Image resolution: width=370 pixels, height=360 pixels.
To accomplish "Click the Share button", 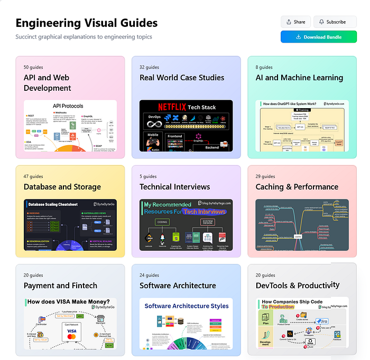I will tap(295, 22).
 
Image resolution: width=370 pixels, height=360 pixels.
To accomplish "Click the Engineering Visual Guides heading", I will tap(86, 23).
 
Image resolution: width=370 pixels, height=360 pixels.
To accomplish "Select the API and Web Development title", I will tap(48, 82).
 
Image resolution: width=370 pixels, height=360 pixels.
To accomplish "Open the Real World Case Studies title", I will tap(182, 78).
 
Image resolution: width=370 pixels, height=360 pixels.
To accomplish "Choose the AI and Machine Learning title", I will tap(299, 78).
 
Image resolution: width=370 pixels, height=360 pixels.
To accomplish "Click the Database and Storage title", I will tap(62, 186).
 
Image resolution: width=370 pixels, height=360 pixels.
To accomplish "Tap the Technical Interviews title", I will tap(174, 186).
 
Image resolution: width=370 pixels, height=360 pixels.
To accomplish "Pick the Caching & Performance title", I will tap(297, 186).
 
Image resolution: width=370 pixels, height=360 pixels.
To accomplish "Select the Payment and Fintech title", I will tap(60, 286).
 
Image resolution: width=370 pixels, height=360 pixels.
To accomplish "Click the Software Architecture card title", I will tap(178, 286).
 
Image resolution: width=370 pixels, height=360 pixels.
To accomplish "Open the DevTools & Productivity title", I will tap(298, 286).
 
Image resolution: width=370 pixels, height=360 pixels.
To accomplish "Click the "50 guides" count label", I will tap(33, 68).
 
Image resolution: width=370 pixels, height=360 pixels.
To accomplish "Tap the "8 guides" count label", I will tap(264, 68).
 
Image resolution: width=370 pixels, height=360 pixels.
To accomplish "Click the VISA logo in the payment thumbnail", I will tap(72, 331).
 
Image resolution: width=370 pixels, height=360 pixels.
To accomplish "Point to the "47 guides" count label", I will tap(33, 176).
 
